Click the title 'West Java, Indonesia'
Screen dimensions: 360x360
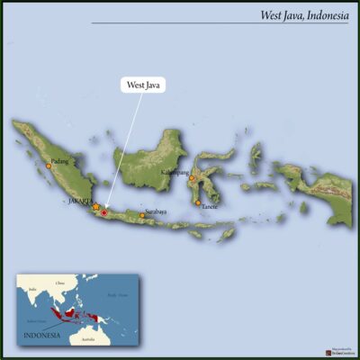(303, 15)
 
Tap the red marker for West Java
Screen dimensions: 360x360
(103, 212)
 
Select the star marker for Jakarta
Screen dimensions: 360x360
(95, 206)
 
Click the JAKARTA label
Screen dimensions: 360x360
(80, 202)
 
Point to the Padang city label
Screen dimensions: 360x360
(59, 161)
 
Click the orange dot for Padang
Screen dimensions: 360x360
(49, 166)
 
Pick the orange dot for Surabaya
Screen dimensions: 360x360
(141, 215)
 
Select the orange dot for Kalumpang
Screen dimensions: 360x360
(191, 178)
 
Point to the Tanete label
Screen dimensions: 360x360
(210, 206)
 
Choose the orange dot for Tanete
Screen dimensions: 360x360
(198, 202)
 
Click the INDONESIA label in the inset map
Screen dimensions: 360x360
(41, 335)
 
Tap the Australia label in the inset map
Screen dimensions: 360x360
(88, 339)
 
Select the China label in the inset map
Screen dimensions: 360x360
(60, 283)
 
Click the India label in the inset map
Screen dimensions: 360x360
(32, 289)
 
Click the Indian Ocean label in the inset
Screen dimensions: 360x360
(37, 319)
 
